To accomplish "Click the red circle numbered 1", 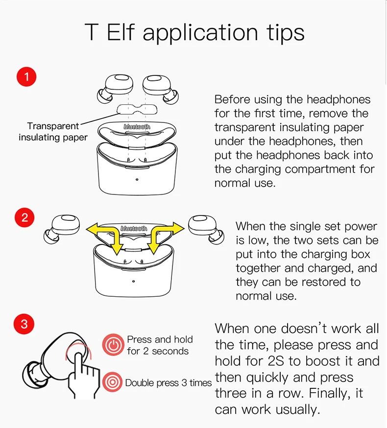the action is (x=26, y=77).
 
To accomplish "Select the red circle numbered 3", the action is (x=25, y=324).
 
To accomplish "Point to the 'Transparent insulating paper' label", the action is (x=53, y=132).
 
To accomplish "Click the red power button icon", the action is (x=113, y=345).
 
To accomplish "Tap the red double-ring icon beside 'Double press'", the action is (x=113, y=382).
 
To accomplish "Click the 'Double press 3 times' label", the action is (x=168, y=382).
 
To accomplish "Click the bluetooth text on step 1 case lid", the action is (x=137, y=126).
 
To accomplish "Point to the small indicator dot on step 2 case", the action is (x=133, y=282).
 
